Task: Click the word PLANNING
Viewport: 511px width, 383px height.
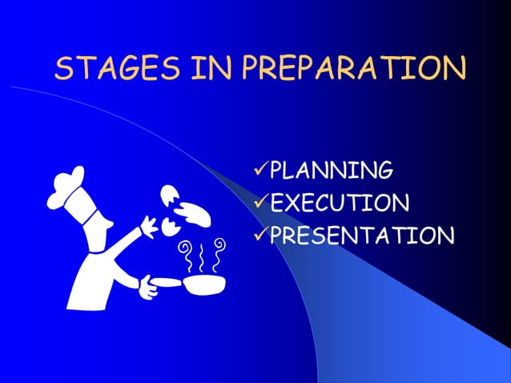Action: click(330, 170)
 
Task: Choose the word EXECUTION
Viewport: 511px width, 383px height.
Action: click(340, 202)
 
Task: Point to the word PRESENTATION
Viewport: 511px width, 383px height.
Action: click(360, 235)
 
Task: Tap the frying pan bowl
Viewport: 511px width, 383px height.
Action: click(204, 284)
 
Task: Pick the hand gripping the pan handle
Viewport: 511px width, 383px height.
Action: click(147, 286)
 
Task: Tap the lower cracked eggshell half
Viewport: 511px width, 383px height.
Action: click(170, 228)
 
